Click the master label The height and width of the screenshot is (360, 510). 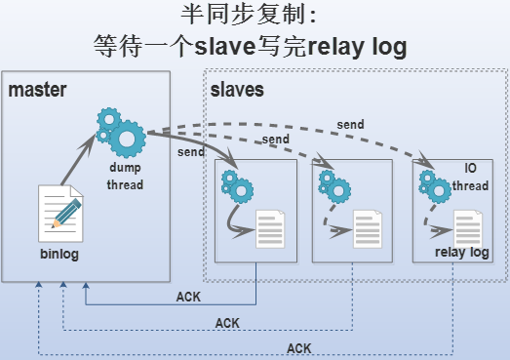click(x=37, y=91)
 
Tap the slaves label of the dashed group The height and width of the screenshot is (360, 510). click(x=237, y=91)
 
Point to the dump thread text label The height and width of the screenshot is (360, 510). click(x=126, y=177)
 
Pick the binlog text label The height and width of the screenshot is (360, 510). click(x=59, y=255)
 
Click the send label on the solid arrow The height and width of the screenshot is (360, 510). click(x=190, y=152)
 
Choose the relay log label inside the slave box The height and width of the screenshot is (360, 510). click(x=460, y=253)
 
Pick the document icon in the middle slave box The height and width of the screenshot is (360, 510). click(x=367, y=229)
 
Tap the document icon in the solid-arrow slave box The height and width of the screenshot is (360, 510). click(x=269, y=229)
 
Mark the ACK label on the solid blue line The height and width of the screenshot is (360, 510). click(x=187, y=297)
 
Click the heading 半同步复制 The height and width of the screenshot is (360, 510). click(x=250, y=16)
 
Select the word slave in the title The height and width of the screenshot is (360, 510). click(x=225, y=46)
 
